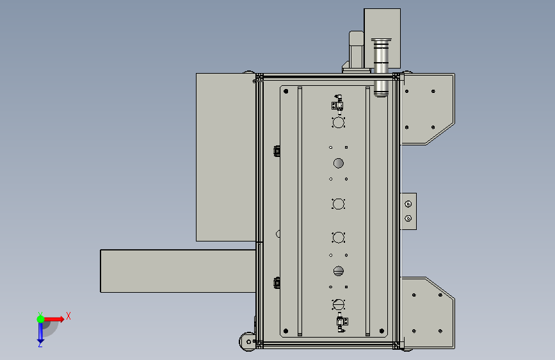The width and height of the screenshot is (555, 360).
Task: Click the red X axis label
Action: click(x=68, y=316)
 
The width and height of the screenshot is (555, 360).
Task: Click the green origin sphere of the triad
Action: click(x=40, y=319)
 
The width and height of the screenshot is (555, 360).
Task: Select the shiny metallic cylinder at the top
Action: click(x=381, y=67)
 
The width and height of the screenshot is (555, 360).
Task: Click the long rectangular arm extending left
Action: click(x=178, y=271)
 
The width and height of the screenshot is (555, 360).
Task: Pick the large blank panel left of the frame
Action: click(x=226, y=158)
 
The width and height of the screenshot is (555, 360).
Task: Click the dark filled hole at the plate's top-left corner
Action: click(x=286, y=92)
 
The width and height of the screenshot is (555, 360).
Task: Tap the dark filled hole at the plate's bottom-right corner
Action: click(x=382, y=331)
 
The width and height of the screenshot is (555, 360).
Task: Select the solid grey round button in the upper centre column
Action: click(x=339, y=163)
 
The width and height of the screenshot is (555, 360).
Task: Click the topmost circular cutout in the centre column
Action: click(x=339, y=123)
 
